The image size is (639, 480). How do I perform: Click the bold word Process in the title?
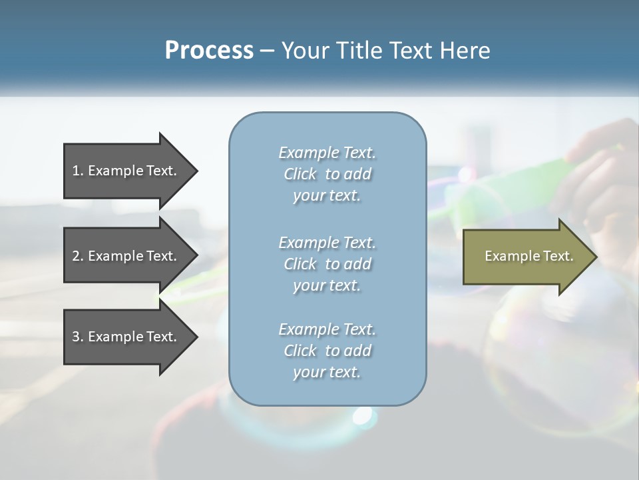pyautogui.click(x=209, y=51)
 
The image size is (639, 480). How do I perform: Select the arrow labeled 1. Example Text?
pyautogui.click(x=126, y=171)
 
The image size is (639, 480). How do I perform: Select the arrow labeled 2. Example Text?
pyautogui.click(x=126, y=256)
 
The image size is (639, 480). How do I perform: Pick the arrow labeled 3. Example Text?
pyautogui.click(x=126, y=337)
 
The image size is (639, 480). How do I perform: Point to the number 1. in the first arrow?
pyautogui.click(x=78, y=171)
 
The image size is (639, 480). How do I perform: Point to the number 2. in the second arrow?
pyautogui.click(x=78, y=256)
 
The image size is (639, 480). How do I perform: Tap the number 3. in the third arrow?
pyautogui.click(x=78, y=337)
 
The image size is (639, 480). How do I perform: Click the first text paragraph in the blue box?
pyautogui.click(x=327, y=174)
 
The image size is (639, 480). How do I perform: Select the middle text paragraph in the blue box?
pyautogui.click(x=327, y=264)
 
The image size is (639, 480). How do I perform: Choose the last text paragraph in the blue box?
pyautogui.click(x=327, y=351)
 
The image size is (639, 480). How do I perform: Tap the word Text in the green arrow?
pyautogui.click(x=558, y=256)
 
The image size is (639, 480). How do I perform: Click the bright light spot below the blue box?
pyautogui.click(x=362, y=415)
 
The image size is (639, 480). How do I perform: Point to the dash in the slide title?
pyautogui.click(x=267, y=51)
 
